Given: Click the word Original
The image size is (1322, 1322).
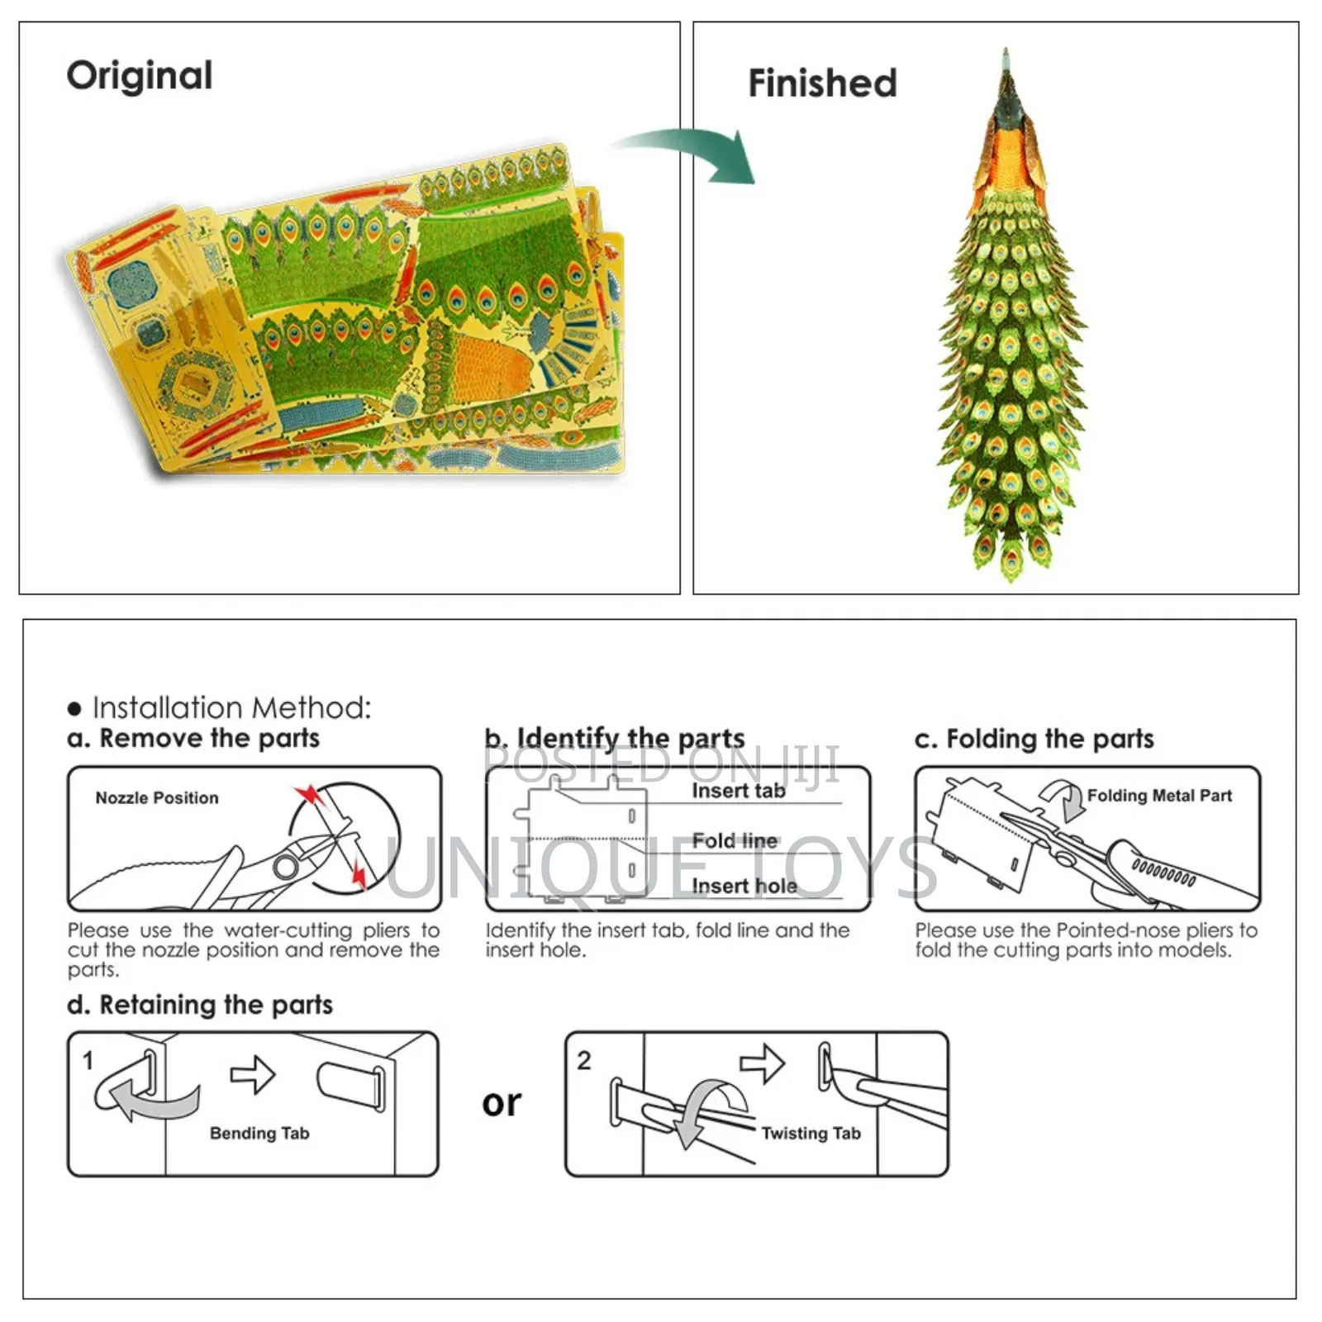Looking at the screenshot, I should (140, 76).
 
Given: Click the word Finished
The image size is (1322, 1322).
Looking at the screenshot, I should (822, 83).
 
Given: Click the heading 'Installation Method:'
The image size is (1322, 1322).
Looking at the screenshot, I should (231, 708).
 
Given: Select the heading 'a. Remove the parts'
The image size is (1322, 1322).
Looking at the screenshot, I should (193, 738).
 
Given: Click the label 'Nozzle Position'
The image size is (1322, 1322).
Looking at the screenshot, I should (157, 798).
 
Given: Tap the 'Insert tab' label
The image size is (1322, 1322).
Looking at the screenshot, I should (739, 791).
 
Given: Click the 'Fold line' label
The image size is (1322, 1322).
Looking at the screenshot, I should (735, 841).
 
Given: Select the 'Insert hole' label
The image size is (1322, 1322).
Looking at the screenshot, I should (744, 887).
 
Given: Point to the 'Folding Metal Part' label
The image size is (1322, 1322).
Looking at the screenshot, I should (1159, 796).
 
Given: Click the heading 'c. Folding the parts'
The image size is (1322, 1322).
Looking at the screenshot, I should (1034, 739).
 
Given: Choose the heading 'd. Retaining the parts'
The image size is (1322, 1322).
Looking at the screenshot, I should (200, 1005).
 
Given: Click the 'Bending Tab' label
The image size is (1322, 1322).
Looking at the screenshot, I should (259, 1134).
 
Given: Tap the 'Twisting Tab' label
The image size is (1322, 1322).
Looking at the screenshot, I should (811, 1134).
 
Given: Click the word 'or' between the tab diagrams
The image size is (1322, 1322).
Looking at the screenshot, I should (502, 1103).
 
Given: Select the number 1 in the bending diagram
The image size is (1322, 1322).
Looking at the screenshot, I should (88, 1061).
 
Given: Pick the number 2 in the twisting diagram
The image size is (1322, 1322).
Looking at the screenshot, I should (584, 1061).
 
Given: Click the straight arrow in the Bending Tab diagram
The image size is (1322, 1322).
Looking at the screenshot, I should (253, 1075).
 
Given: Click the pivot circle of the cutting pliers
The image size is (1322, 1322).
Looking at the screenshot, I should (286, 867).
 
